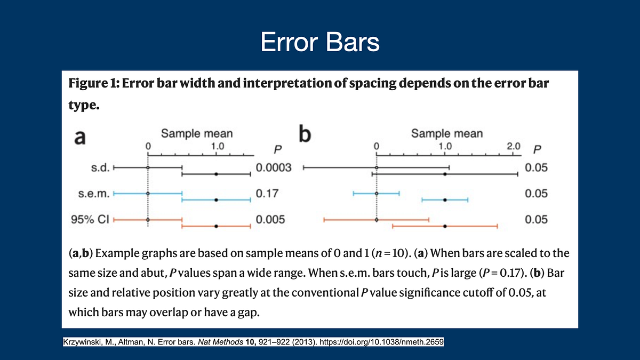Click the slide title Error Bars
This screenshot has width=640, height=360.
point(319,42)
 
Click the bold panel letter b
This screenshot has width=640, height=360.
point(305,135)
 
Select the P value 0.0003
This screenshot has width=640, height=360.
point(274,168)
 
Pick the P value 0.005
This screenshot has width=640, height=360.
point(270,219)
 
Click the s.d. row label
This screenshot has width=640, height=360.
point(100,168)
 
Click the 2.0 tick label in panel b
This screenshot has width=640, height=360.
point(513,146)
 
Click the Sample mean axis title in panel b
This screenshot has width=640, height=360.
point(447,133)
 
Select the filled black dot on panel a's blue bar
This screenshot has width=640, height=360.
point(216,200)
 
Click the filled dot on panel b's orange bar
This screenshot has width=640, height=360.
point(445,226)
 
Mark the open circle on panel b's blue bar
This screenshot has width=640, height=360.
point(377,194)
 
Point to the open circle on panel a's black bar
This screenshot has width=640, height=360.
point(148,167)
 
